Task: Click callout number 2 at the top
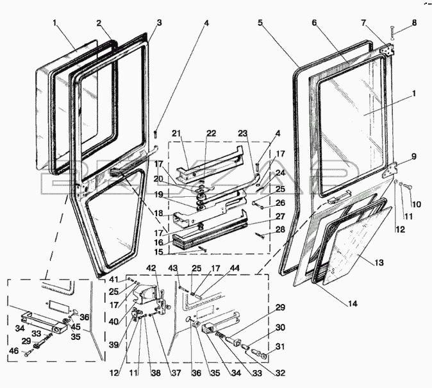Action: tap(99, 22)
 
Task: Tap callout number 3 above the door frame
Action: tap(159, 22)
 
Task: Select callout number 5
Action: tap(260, 22)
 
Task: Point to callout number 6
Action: tap(315, 22)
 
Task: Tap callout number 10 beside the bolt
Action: tap(414, 205)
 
